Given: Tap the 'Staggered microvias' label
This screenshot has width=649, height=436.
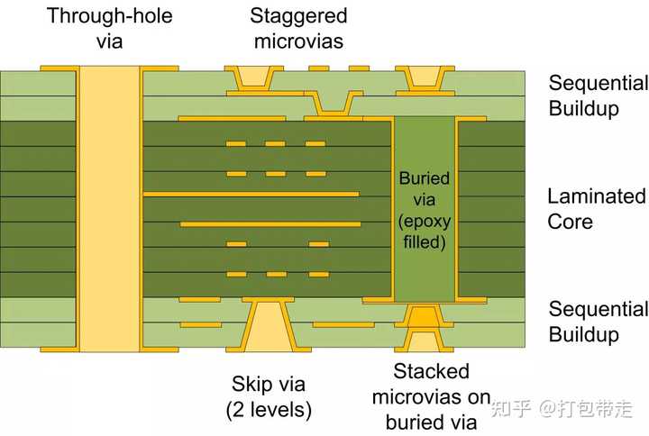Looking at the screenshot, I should pos(298,28).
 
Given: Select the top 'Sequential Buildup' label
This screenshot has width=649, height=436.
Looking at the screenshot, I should pos(599,96).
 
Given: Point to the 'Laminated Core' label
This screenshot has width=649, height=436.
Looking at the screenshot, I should pos(596,208).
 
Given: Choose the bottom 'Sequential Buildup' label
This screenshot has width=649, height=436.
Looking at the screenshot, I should pos(599,322).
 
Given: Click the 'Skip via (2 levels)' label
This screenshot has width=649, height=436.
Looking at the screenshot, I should pos(269,396).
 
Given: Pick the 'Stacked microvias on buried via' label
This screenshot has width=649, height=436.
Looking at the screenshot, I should pos(432,396).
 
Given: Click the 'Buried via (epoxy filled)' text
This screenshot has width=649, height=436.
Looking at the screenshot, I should pos(424,210).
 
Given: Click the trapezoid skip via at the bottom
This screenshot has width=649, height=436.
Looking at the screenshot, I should pos(269,326).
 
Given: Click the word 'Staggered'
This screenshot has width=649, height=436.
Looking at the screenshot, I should pos(298,16).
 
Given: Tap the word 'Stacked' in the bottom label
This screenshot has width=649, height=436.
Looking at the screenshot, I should pos(432,372).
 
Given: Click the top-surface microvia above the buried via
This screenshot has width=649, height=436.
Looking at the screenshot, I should pos(424,78).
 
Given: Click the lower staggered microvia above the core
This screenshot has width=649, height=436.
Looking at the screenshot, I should pos(333,104).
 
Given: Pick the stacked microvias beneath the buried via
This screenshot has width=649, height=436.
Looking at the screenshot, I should pos(424,328).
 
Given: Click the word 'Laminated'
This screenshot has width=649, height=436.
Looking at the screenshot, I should pos(596,196).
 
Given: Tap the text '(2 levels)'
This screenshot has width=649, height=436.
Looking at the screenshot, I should pos(269,410).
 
